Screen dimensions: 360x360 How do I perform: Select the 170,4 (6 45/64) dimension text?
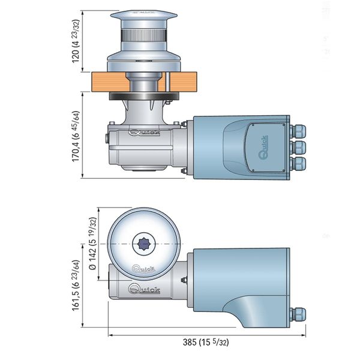(x=76, y=136)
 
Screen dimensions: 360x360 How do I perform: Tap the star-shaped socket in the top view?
(x=143, y=244)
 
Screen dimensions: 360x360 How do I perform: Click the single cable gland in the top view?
(x=296, y=314)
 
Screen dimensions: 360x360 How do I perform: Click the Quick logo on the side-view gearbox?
(x=144, y=133)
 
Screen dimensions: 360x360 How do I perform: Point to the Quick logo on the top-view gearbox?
(x=144, y=291)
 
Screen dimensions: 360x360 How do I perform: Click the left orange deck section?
(x=104, y=80)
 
